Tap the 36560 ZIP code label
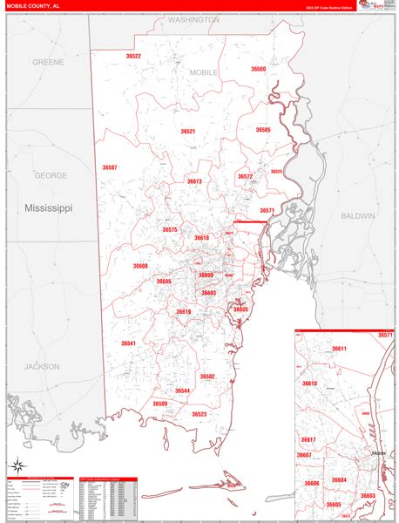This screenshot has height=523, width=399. click(258, 68)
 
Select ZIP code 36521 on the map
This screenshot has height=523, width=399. click(188, 131)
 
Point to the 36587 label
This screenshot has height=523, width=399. click(109, 166)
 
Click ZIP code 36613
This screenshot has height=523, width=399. click(193, 181)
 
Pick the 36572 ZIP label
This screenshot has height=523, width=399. click(245, 176)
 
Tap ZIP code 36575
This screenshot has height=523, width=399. click(170, 229)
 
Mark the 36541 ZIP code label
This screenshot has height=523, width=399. click(128, 343)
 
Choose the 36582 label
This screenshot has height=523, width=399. click(207, 377)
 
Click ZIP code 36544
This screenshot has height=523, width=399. click(182, 391)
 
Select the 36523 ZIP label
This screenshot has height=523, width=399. click(199, 414)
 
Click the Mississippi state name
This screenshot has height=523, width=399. click(49, 209)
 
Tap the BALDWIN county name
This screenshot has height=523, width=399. click(357, 215)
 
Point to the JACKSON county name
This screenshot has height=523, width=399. click(42, 366)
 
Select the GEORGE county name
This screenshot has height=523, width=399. click(51, 175)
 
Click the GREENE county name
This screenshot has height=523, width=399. click(48, 63)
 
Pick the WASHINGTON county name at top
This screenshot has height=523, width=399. click(193, 19)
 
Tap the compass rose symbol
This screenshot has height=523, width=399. click(17, 465)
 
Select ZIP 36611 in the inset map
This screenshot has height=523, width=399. click(339, 349)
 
